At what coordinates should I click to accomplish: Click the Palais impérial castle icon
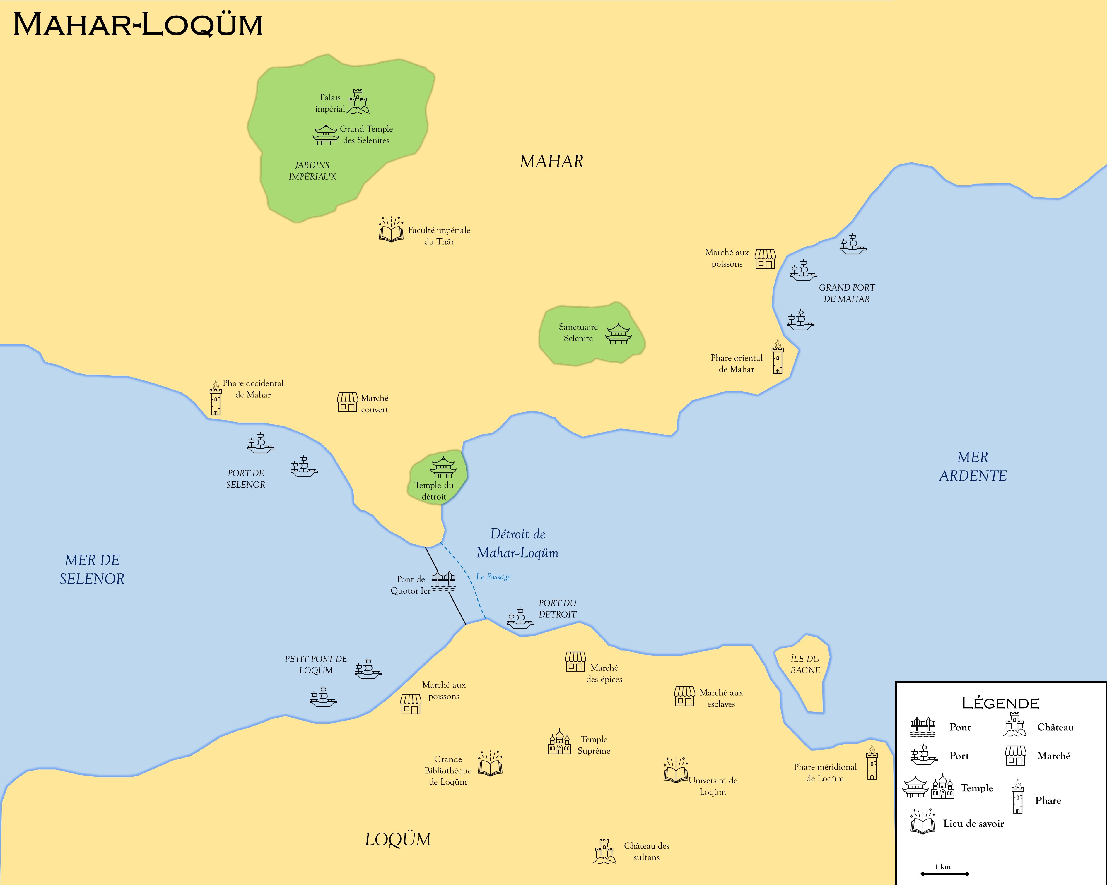click(x=358, y=102)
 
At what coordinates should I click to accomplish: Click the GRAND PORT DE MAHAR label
click(x=847, y=293)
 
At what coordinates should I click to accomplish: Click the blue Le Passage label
click(x=493, y=577)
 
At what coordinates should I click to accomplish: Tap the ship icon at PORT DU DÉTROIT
click(x=520, y=619)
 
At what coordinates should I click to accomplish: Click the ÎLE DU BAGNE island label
click(x=805, y=664)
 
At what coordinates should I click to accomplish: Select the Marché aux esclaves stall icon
click(x=684, y=696)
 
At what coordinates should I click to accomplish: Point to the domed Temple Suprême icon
click(x=559, y=742)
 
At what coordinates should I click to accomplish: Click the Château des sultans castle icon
click(x=604, y=852)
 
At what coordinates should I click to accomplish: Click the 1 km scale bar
click(x=945, y=873)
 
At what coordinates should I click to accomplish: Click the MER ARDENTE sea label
click(x=973, y=466)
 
